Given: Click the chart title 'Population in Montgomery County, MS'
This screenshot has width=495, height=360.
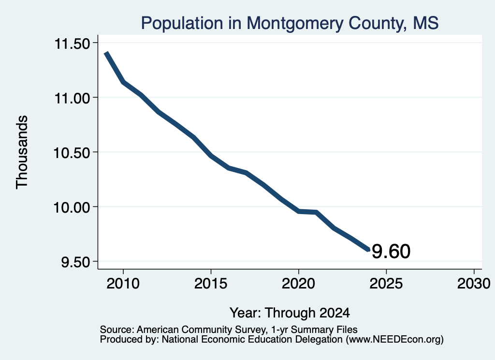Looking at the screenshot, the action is [x=290, y=23].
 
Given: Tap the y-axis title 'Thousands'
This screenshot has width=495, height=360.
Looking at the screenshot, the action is [x=22, y=152].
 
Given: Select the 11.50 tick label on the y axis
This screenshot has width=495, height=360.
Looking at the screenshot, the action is [x=73, y=43].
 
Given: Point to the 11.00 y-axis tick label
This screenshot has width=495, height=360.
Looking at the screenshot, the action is [x=73, y=98].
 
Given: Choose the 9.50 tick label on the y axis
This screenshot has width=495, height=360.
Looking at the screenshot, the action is [x=75, y=262].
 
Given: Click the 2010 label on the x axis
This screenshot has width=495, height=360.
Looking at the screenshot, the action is [x=123, y=283].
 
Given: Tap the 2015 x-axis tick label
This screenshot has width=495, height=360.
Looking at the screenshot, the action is [x=211, y=283].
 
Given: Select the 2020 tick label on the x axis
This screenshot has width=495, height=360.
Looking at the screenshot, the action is [x=298, y=283].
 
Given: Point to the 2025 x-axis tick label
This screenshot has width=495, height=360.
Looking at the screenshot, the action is [x=386, y=283].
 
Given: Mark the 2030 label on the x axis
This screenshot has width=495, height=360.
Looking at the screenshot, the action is [x=474, y=283].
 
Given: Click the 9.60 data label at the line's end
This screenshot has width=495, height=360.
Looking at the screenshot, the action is [x=391, y=251].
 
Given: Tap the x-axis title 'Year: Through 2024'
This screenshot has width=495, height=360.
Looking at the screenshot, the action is [x=290, y=313].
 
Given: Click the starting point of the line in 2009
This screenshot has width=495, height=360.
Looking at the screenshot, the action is [x=106, y=53].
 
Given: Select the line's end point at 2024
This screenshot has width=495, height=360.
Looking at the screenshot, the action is [x=368, y=250].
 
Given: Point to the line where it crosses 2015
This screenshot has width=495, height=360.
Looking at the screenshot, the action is [x=211, y=156].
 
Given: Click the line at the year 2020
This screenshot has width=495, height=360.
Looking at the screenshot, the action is [x=299, y=211].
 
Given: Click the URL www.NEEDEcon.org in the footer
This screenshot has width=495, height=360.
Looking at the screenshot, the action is [x=394, y=340].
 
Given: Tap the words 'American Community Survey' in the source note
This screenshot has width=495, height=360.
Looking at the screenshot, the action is [x=201, y=330].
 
